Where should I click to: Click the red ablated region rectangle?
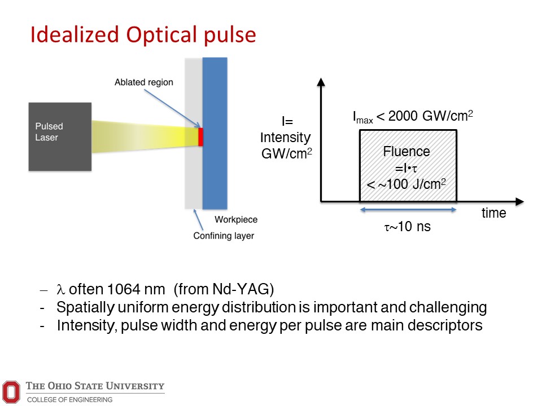tap(200, 137)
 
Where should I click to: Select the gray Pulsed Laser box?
tap(59, 136)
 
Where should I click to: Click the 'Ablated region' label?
tap(143, 82)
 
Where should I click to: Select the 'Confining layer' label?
tap(224, 236)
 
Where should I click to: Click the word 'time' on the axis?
tap(493, 214)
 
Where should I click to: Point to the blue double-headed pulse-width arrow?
tap(408, 210)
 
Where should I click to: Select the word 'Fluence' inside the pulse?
tap(406, 151)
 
